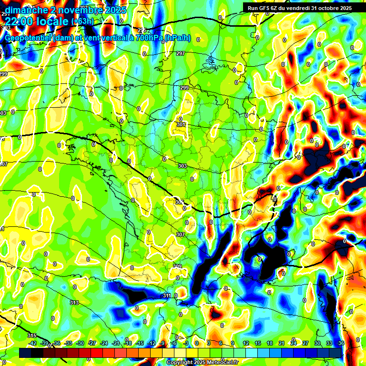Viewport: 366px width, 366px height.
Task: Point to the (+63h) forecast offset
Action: click(82, 21)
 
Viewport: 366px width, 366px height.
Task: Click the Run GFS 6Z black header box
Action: click(300, 8)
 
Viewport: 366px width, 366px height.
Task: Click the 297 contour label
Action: click(181, 54)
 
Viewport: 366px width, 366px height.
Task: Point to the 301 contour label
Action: click(181, 125)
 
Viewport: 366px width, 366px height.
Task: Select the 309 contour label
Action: click(177, 266)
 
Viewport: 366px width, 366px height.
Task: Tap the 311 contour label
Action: click(167, 296)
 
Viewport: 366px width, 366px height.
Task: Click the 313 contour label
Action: click(74, 303)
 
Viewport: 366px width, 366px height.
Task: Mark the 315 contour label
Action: click(31, 336)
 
